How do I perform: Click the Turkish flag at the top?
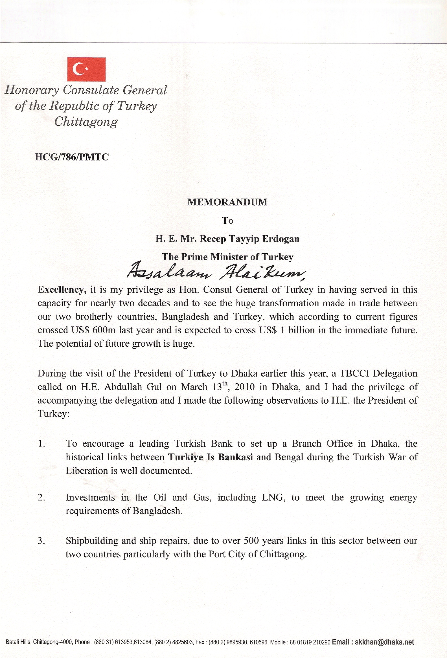[x=86, y=69]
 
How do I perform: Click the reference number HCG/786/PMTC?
[x=72, y=157]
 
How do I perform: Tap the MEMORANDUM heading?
[x=227, y=202]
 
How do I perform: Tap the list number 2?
[x=41, y=498]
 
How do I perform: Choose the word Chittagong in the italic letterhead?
[x=86, y=122]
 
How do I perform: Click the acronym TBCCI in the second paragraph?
[x=354, y=373]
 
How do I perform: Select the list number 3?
[x=41, y=541]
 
